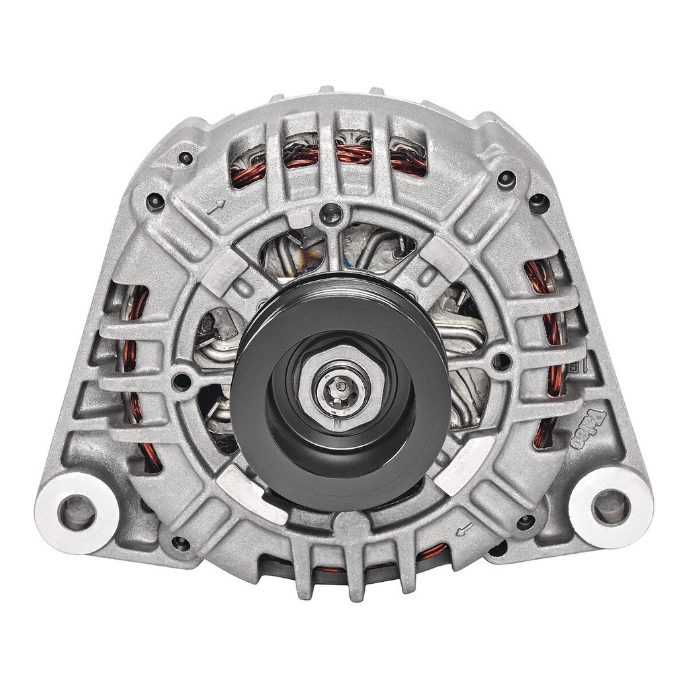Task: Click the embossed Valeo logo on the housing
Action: click(588, 429)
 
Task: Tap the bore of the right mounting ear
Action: click(610, 506)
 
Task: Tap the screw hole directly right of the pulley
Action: click(501, 361)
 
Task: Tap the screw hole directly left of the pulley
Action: click(181, 382)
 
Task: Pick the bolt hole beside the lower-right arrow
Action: click(526, 521)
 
